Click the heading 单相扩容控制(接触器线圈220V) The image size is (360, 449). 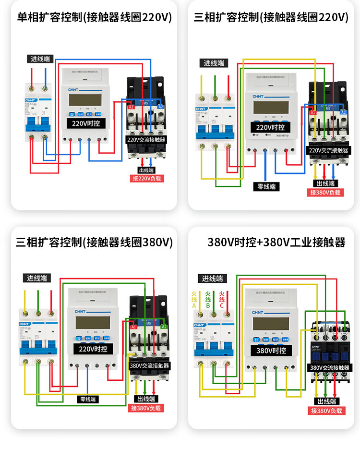(95, 17)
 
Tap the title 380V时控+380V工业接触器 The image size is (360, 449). (276, 242)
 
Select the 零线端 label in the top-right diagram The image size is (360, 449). (266, 186)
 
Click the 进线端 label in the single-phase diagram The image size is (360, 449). (40, 59)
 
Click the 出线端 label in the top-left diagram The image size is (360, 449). (146, 170)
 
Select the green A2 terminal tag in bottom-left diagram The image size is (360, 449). (164, 327)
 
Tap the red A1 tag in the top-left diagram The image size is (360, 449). (131, 107)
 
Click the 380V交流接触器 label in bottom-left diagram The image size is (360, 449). (149, 365)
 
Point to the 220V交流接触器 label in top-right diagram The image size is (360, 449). (328, 150)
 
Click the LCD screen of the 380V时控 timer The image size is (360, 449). (269, 327)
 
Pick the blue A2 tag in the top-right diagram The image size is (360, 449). (344, 112)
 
